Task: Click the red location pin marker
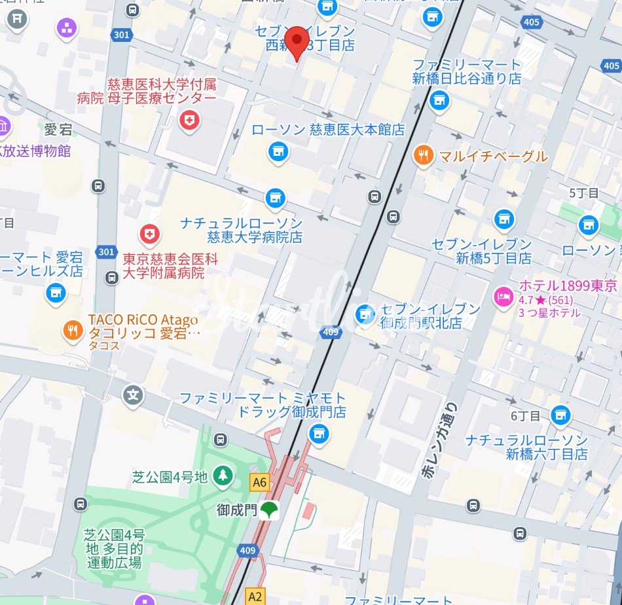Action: tap(299, 41)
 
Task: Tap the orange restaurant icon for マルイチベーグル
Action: tap(424, 156)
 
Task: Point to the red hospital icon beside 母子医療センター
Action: tap(189, 120)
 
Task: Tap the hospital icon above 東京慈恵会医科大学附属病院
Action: tap(150, 233)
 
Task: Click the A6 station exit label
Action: tap(259, 483)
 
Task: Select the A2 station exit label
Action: tap(255, 596)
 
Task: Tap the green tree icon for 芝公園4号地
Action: tap(223, 476)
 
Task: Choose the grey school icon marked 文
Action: tap(133, 395)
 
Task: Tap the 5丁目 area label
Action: tap(584, 193)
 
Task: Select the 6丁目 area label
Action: tap(526, 416)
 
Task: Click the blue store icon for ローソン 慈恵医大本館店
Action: tap(278, 152)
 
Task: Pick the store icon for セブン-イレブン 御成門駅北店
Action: tap(365, 314)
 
